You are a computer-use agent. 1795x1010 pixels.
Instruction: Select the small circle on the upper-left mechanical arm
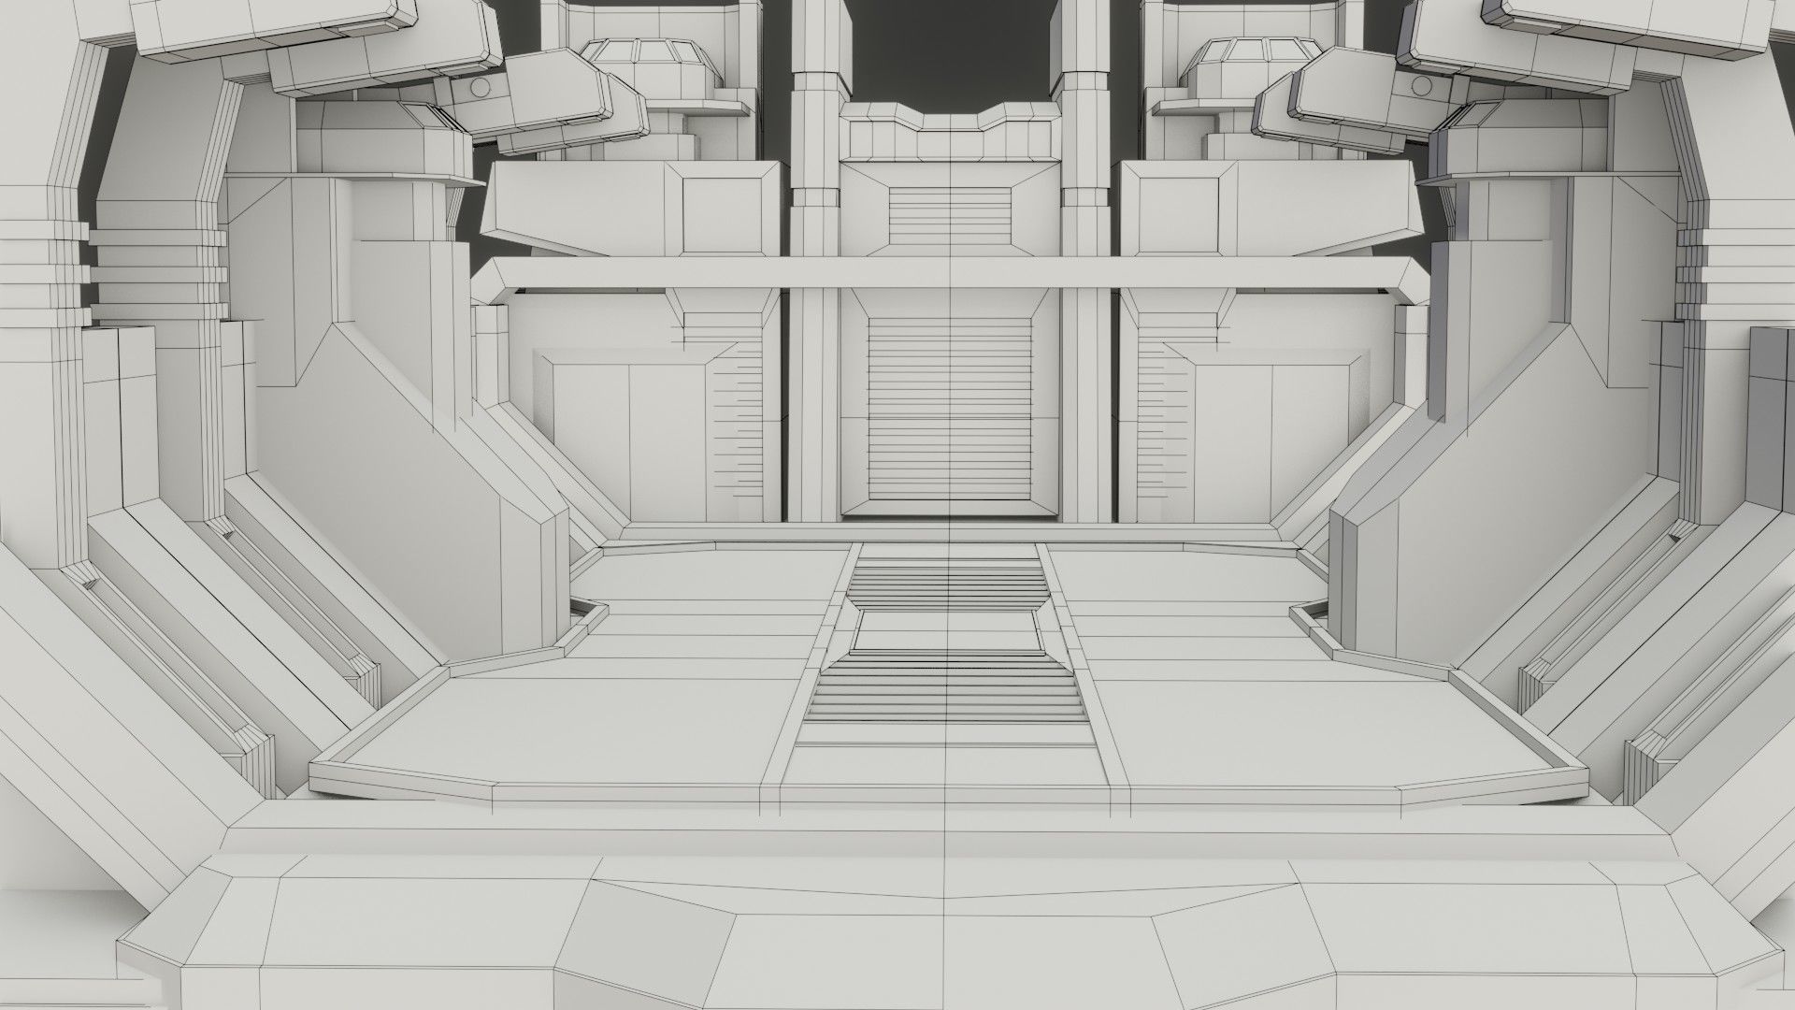[478, 88]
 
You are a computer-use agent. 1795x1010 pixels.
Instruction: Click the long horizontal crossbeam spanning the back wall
[949, 272]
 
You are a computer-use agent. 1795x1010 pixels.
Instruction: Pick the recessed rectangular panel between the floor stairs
[946, 631]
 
